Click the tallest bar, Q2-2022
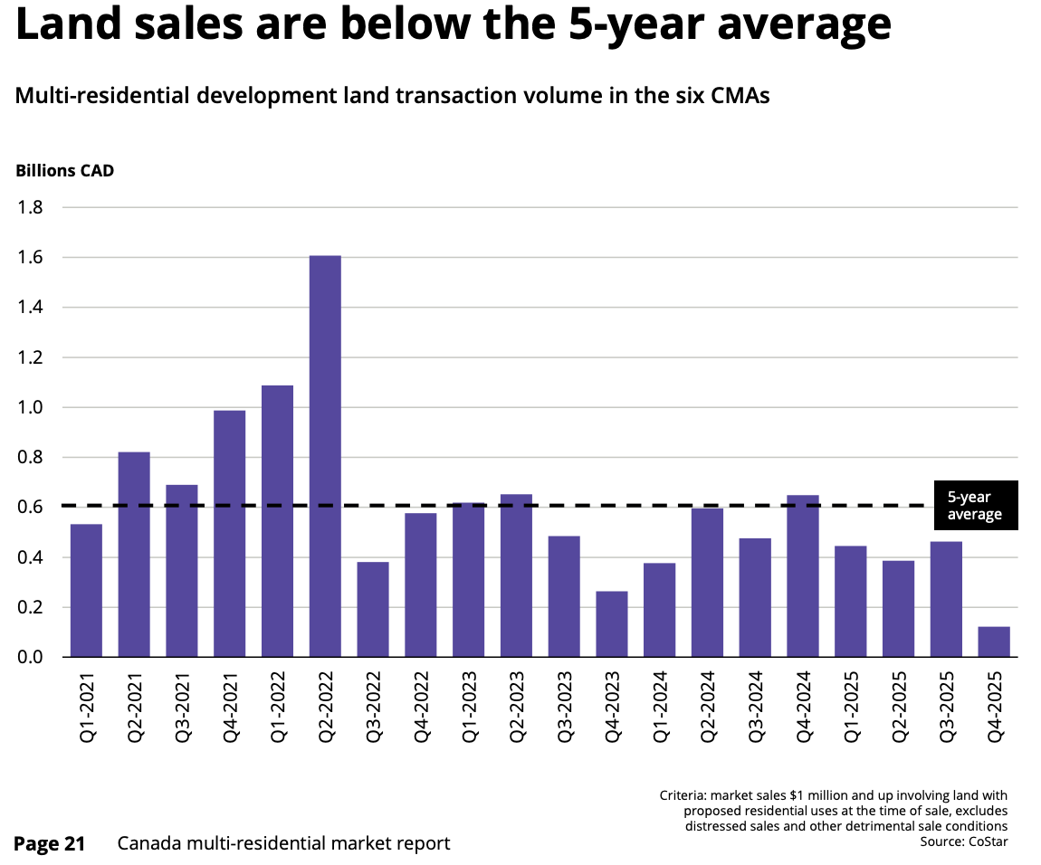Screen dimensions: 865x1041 click(x=325, y=456)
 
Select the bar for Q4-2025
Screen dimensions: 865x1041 click(x=994, y=642)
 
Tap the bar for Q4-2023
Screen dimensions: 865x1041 click(x=612, y=623)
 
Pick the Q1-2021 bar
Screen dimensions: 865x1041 click(x=86, y=590)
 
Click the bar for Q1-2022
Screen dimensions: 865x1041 click(x=277, y=520)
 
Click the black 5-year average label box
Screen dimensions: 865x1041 click(x=975, y=506)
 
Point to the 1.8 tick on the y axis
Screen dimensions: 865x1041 click(x=32, y=208)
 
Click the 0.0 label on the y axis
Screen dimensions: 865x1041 click(x=32, y=658)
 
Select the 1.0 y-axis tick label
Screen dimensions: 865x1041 click(x=32, y=408)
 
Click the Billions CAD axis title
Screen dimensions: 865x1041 click(x=64, y=170)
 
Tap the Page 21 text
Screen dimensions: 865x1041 click(x=50, y=843)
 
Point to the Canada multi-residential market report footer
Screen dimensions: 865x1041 click(x=283, y=843)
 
